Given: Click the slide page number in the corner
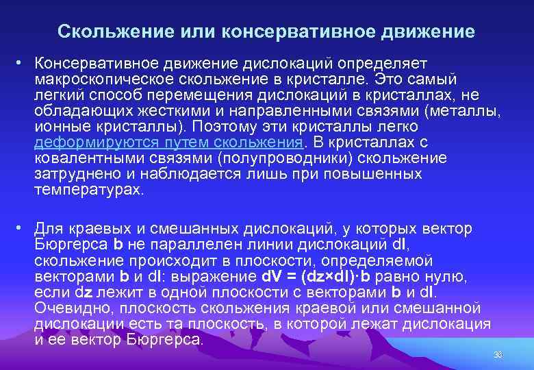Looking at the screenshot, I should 498,354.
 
